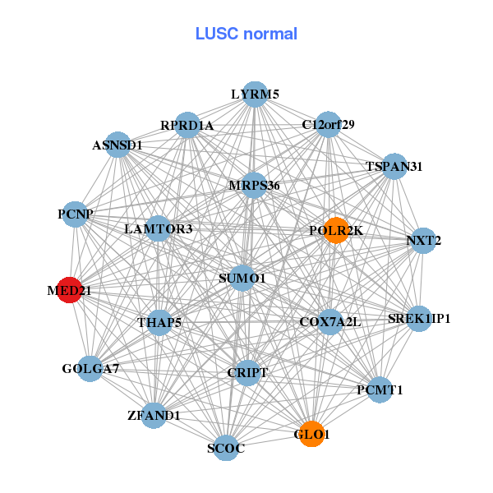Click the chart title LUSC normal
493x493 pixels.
pos(246,34)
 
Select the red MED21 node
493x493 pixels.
pos(70,290)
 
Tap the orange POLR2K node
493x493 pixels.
pos(335,230)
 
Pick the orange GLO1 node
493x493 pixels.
pos(311,434)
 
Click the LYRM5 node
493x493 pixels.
pos(255,94)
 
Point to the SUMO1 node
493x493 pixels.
pos(242,279)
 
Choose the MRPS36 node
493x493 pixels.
pos(254,186)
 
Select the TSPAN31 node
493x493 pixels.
pos(394,166)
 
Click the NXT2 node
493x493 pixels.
pos(423,241)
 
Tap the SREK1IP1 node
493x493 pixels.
pos(419,318)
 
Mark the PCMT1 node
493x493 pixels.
pos(380,389)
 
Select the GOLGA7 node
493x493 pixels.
pos(90,368)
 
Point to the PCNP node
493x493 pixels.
pos(76,214)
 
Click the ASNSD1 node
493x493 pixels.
pos(117,145)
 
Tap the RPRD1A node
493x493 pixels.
pos(187,126)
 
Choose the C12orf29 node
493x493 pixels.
pos(328,125)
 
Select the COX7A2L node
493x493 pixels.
pos(329,321)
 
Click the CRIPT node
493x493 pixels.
pos(248,373)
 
